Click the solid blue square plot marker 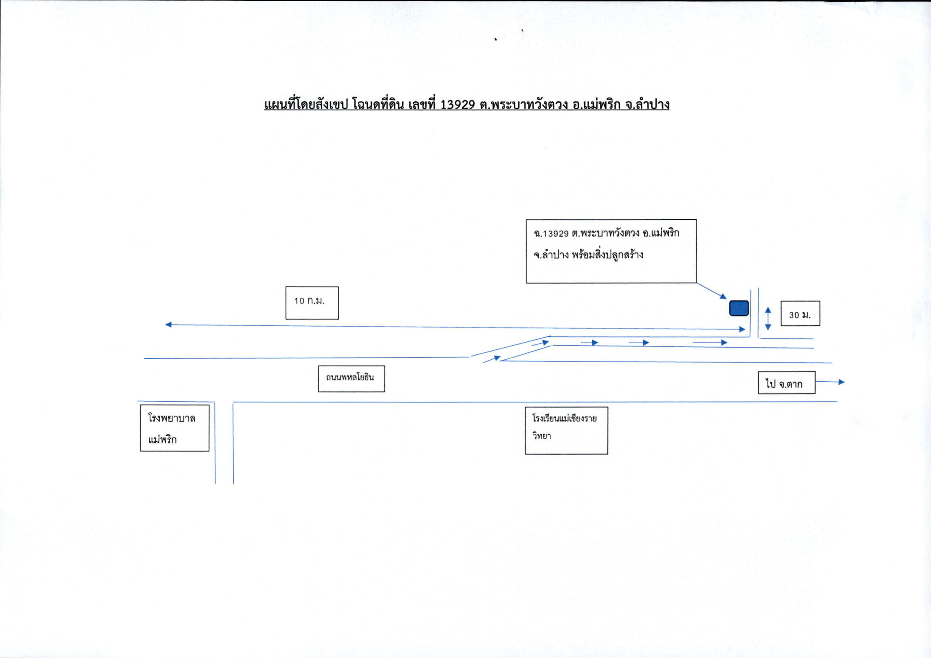[x=739, y=308]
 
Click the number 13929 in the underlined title [x=458, y=105]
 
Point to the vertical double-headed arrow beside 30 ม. [x=768, y=319]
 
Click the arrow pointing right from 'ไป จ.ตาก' [x=830, y=382]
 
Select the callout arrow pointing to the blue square [x=711, y=291]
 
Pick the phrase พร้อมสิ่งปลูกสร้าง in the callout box [x=607, y=255]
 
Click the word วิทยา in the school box [x=542, y=436]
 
